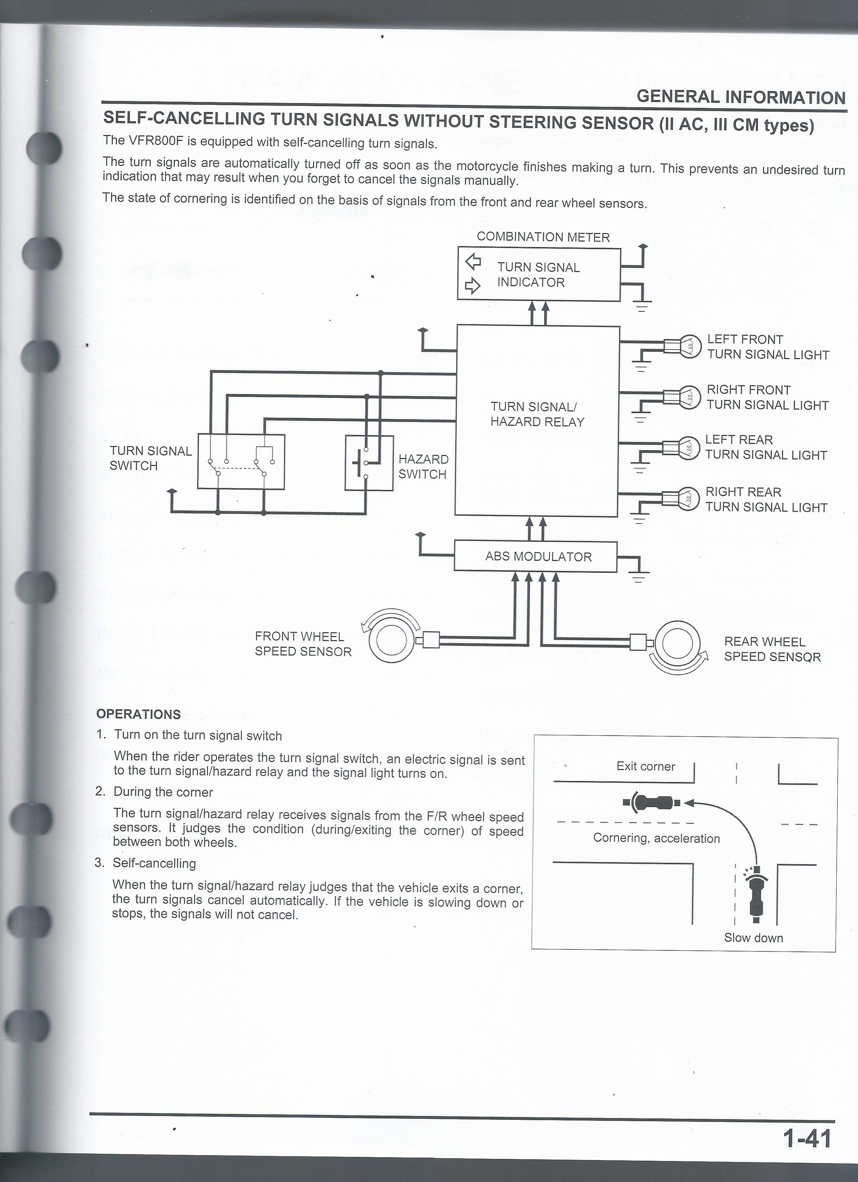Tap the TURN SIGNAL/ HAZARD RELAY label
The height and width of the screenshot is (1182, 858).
tap(537, 414)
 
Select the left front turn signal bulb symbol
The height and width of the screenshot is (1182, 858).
tap(688, 346)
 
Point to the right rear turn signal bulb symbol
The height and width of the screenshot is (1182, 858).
tap(687, 499)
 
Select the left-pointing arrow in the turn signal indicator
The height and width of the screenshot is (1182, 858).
tap(473, 261)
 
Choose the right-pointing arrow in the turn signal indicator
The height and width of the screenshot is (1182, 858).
tap(472, 286)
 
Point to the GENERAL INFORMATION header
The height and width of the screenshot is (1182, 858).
tap(741, 97)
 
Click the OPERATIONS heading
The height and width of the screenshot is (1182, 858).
tap(139, 714)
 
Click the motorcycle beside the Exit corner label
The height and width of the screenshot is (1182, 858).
tap(652, 803)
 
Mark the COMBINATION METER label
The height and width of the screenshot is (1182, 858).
tap(543, 237)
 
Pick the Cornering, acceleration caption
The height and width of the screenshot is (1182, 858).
tap(656, 838)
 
